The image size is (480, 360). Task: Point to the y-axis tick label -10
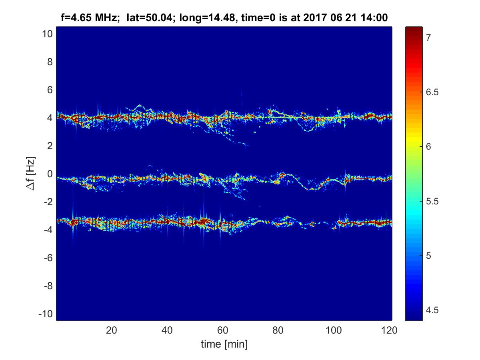pyautogui.click(x=45, y=314)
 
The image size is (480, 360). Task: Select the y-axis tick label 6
pyautogui.click(x=49, y=90)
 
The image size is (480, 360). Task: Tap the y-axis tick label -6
pyautogui.click(x=47, y=258)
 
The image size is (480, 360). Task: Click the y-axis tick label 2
pyautogui.click(x=49, y=146)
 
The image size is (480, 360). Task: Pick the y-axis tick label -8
pyautogui.click(x=47, y=286)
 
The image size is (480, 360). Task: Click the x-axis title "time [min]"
pyautogui.click(x=224, y=344)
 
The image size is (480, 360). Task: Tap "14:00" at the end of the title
pyautogui.click(x=376, y=17)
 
